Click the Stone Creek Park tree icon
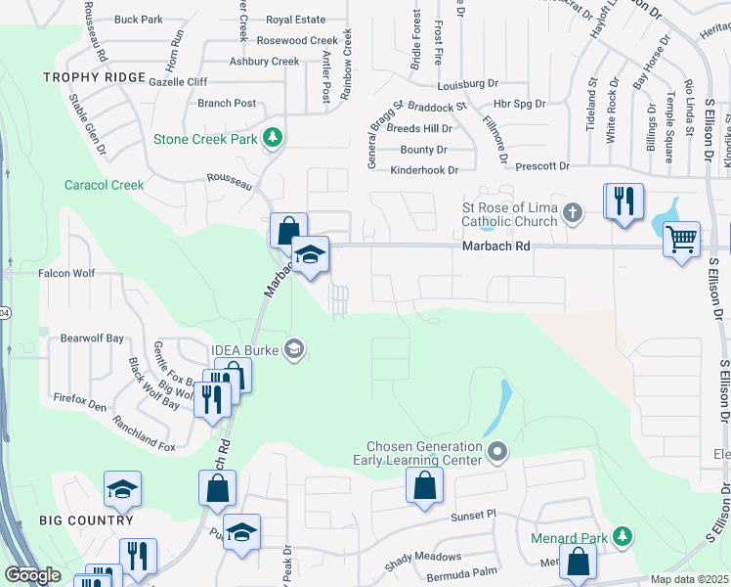[274, 139]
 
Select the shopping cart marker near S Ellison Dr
[681, 238]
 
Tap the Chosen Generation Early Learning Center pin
[497, 452]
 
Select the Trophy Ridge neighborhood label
[94, 77]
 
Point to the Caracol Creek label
[104, 185]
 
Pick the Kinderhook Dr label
[424, 170]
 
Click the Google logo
[32, 575]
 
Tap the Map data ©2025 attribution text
[690, 579]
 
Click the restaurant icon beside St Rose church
[623, 202]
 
